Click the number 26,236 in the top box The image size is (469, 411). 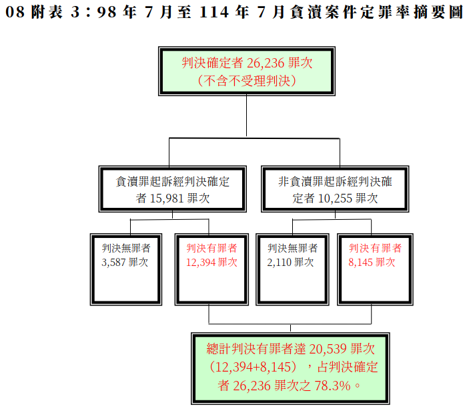pyautogui.click(x=266, y=63)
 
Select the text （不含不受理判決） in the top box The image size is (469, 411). pyautogui.click(x=247, y=81)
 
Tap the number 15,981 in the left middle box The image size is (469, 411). pyautogui.click(x=166, y=198)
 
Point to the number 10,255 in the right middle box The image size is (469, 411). pyautogui.click(x=336, y=198)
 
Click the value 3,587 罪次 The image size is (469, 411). pyautogui.click(x=125, y=263)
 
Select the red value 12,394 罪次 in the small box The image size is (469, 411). pyautogui.click(x=211, y=263)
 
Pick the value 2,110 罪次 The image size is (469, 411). pyautogui.click(x=290, y=263)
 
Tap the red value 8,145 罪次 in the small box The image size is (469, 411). pyautogui.click(x=372, y=263)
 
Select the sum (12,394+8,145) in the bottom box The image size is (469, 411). pyautogui.click(x=253, y=368)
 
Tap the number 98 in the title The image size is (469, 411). pyautogui.click(x=107, y=12)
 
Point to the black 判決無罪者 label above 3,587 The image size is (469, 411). pyautogui.click(x=126, y=248)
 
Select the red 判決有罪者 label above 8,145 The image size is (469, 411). pyautogui.click(x=375, y=248)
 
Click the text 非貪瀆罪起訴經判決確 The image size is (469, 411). pyautogui.click(x=335, y=182)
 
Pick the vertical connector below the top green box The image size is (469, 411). pyautogui.click(x=246, y=116)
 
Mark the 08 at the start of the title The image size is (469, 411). pyautogui.click(x=15, y=12)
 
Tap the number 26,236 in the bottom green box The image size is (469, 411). pyautogui.click(x=252, y=386)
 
